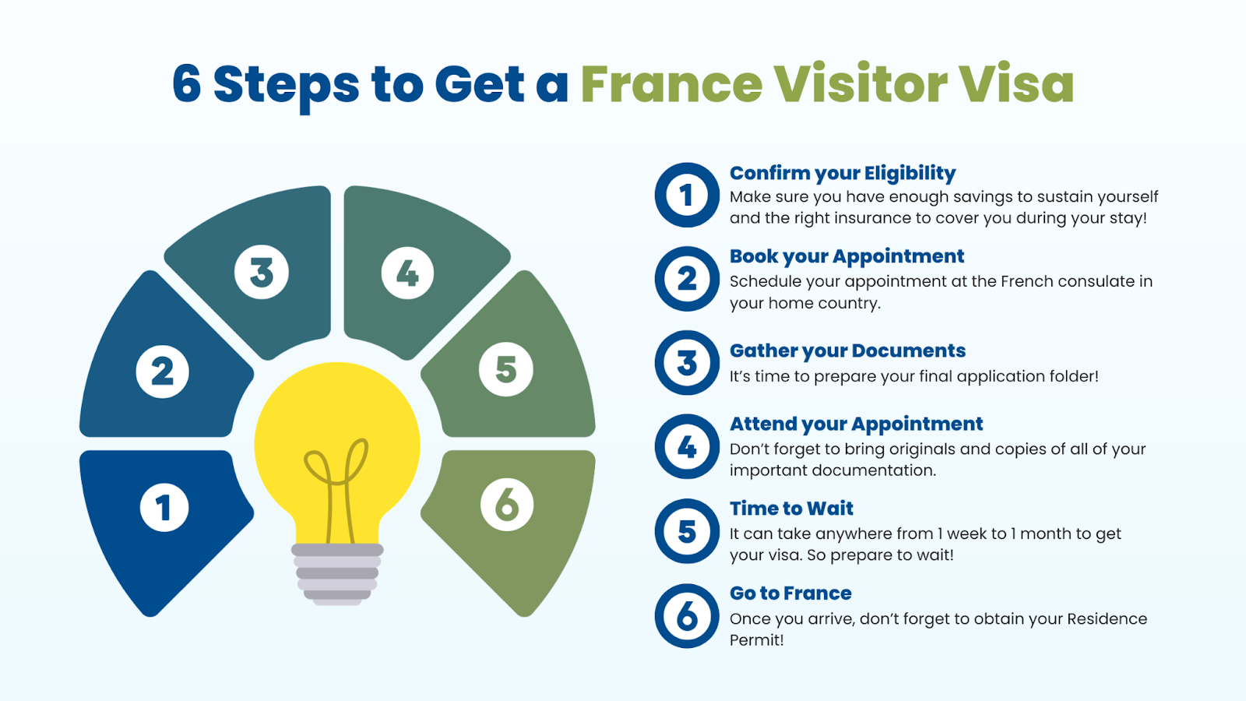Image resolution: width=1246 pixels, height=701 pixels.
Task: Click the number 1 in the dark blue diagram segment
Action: tap(164, 507)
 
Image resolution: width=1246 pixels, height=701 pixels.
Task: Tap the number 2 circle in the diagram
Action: tap(163, 371)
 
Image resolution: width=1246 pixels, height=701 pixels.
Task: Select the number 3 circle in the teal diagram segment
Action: tap(262, 272)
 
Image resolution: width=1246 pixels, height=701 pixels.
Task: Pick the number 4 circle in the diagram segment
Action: tap(407, 273)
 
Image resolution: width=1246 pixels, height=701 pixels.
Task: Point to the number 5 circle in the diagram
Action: tap(506, 369)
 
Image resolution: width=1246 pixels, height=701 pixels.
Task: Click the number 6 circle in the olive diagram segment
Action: tap(507, 505)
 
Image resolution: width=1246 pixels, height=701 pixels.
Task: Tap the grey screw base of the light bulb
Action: tap(337, 574)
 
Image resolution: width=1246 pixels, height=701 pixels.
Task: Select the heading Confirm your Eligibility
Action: tap(843, 173)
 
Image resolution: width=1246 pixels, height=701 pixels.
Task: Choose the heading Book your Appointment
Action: tap(847, 256)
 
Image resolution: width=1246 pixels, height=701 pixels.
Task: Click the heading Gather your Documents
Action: tap(847, 350)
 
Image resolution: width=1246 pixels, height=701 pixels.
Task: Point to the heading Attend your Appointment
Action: tap(856, 424)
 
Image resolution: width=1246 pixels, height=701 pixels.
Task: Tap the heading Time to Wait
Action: tap(791, 509)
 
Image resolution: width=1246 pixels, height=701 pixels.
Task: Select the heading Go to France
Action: tap(790, 593)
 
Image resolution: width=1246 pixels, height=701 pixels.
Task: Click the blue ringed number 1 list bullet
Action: tap(687, 195)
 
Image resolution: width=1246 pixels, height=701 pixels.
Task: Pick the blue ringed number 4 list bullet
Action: tap(687, 446)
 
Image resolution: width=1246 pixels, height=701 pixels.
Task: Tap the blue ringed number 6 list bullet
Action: tap(687, 616)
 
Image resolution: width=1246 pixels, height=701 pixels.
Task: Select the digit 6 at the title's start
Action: tap(186, 83)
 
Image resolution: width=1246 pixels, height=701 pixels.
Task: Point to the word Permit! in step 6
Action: tap(756, 639)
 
